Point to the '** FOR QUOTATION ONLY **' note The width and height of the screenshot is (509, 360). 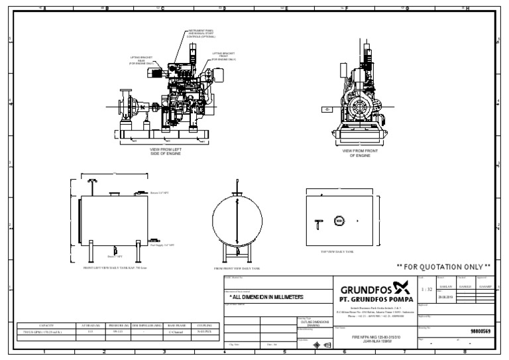(x=443, y=267)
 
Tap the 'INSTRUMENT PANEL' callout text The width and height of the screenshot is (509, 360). (x=201, y=32)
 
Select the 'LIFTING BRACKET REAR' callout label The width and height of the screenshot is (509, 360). (x=141, y=61)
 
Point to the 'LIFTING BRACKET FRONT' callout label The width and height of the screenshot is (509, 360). (x=224, y=56)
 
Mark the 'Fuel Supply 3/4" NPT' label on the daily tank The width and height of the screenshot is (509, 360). (x=162, y=245)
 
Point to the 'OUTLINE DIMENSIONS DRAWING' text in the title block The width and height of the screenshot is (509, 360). (x=310, y=324)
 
